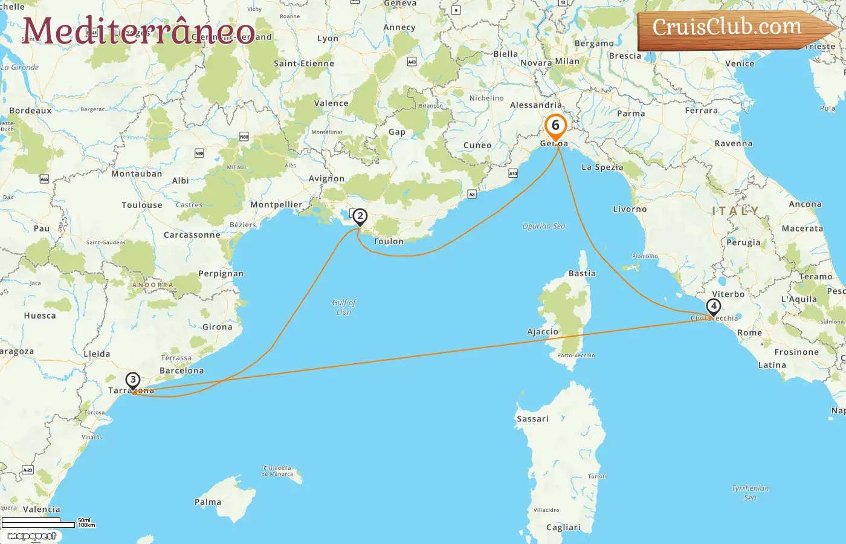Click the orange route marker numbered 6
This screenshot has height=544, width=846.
(x=555, y=126)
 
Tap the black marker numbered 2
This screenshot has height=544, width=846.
(x=360, y=216)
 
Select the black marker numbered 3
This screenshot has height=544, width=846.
(x=133, y=380)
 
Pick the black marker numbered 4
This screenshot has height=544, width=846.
(x=714, y=306)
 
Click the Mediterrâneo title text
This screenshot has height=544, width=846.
(x=139, y=30)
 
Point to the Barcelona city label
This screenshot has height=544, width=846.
(x=182, y=371)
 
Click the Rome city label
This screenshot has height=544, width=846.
(x=749, y=332)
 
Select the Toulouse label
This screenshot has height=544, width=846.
(x=142, y=205)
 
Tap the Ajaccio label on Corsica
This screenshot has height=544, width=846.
(x=543, y=332)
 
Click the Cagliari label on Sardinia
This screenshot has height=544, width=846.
(x=563, y=527)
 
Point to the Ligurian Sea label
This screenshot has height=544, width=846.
(x=544, y=226)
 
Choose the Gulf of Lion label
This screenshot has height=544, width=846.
(x=344, y=307)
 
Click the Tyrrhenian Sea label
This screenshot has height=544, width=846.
(x=750, y=493)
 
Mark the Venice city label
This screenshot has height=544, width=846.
(x=740, y=63)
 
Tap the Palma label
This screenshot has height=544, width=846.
(x=208, y=502)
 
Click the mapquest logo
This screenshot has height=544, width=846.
(x=32, y=536)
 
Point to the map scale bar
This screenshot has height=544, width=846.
(x=39, y=522)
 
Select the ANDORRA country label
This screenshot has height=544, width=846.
(x=153, y=285)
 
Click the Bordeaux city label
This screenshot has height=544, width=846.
(x=30, y=111)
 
